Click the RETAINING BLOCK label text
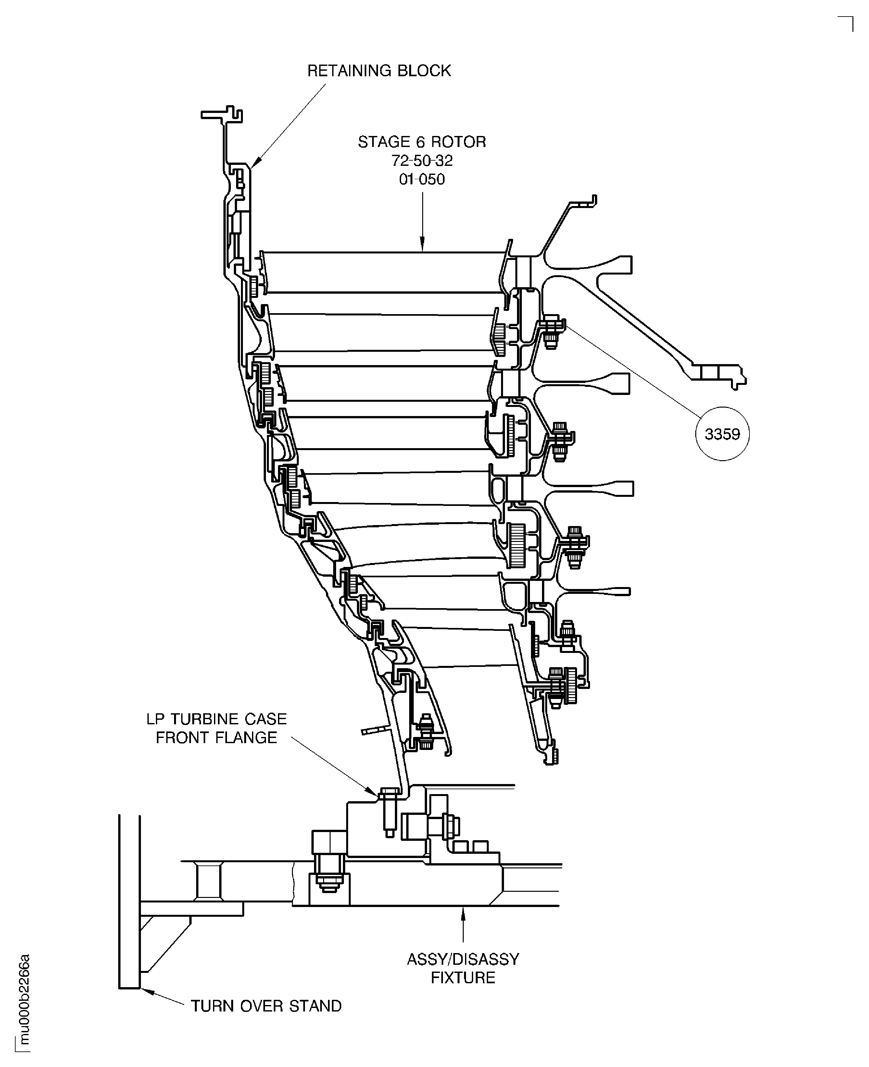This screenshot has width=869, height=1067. [379, 71]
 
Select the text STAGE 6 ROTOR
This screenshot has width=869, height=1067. [422, 142]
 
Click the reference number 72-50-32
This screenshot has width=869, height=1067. [422, 161]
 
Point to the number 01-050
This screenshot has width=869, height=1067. [422, 179]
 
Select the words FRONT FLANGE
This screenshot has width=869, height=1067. [216, 738]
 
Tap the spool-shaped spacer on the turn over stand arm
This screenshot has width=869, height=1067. [209, 881]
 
